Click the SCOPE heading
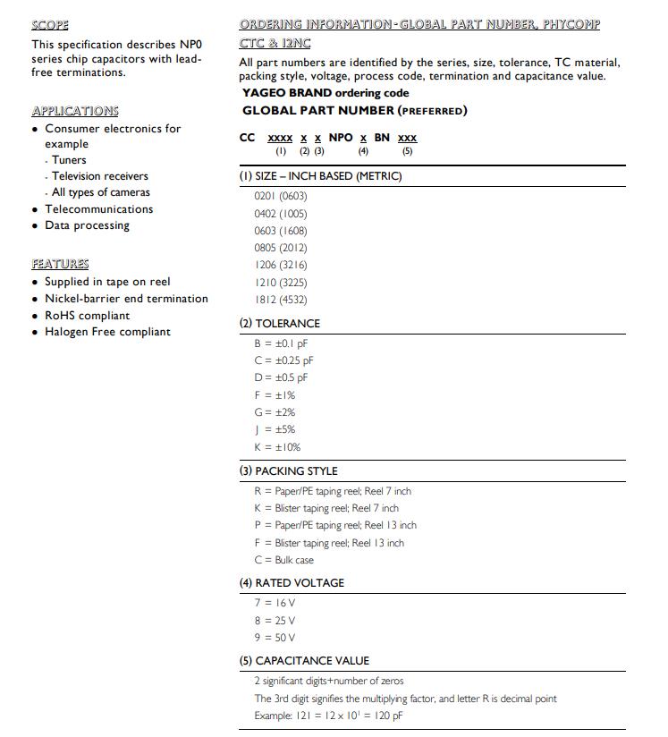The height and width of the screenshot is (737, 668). pyautogui.click(x=50, y=25)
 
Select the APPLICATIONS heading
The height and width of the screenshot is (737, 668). pyautogui.click(x=75, y=111)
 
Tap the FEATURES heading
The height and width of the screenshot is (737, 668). pyautogui.click(x=60, y=264)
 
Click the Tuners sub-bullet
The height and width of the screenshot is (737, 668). pyautogui.click(x=69, y=160)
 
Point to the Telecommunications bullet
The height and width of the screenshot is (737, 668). pyautogui.click(x=98, y=209)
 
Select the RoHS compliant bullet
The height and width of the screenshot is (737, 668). pyautogui.click(x=87, y=316)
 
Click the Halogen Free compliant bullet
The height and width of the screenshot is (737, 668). pyautogui.click(x=107, y=332)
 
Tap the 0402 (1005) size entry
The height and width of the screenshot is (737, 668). pyautogui.click(x=280, y=214)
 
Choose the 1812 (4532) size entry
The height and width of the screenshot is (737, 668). pyautogui.click(x=280, y=300)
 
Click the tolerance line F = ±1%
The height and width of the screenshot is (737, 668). pyautogui.click(x=275, y=394)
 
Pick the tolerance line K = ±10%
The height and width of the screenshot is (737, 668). pyautogui.click(x=277, y=447)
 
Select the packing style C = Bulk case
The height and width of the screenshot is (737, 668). pyautogui.click(x=283, y=560)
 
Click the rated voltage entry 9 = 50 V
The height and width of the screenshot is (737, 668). pyautogui.click(x=275, y=638)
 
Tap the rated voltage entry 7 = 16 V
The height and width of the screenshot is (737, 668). pyautogui.click(x=275, y=604)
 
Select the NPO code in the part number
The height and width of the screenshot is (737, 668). pyautogui.click(x=341, y=138)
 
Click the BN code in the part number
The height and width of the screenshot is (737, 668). pyautogui.click(x=382, y=138)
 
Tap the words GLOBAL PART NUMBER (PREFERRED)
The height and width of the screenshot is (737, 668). pyautogui.click(x=354, y=111)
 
